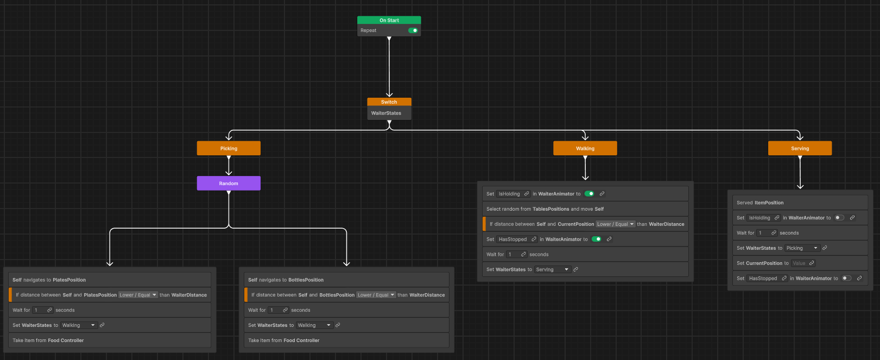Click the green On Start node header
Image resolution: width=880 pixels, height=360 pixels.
[389, 20]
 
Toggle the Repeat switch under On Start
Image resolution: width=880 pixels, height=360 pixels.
[413, 30]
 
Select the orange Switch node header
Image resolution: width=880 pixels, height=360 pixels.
[389, 102]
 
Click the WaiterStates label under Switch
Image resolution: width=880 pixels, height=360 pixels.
[386, 113]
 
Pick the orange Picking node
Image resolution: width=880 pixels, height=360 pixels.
[229, 148]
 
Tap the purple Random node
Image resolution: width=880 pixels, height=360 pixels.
[229, 183]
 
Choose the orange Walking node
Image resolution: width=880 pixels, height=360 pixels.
[585, 148]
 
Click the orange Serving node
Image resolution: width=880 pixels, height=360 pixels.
[800, 148]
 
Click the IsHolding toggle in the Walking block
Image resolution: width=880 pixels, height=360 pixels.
[589, 194]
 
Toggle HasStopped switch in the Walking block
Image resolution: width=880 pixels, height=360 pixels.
[597, 239]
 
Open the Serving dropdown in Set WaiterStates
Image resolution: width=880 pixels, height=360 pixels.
[552, 270]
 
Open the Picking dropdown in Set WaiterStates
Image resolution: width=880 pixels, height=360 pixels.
[802, 248]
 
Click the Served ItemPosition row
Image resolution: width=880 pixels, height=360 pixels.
[800, 203]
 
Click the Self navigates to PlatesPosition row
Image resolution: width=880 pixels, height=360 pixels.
[110, 280]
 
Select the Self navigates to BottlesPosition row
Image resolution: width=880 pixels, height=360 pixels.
[346, 280]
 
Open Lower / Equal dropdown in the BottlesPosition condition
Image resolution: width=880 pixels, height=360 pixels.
[376, 295]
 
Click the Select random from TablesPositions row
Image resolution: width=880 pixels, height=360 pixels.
[585, 209]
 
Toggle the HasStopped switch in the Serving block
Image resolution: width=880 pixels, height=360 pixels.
[846, 278]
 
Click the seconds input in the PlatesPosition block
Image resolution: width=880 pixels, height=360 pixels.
[42, 310]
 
